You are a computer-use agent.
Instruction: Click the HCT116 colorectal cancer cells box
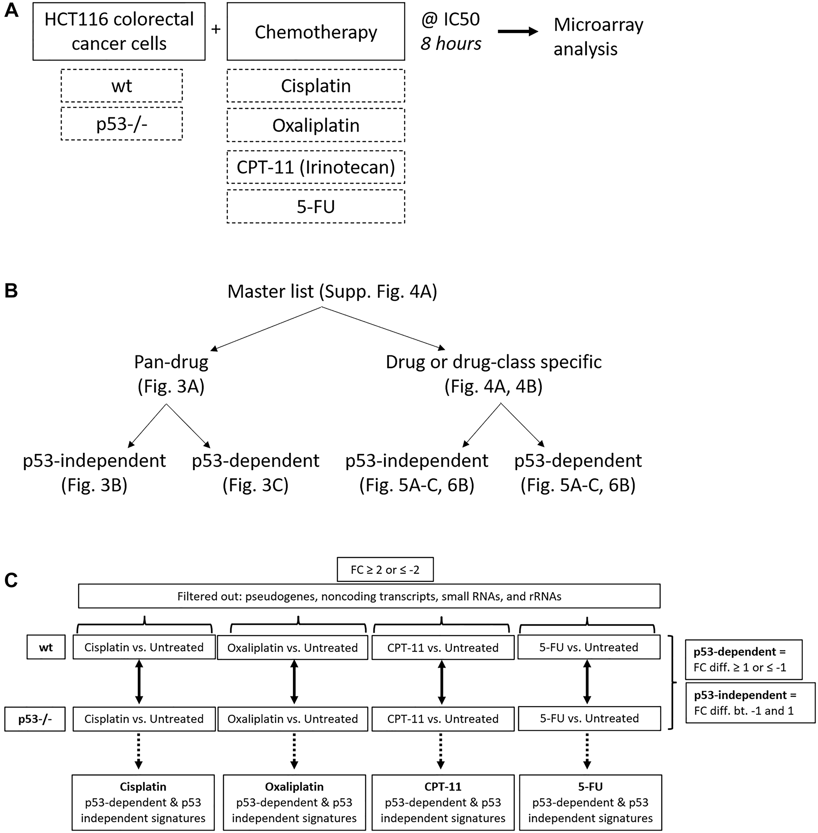click(119, 31)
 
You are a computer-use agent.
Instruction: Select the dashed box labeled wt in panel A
click(121, 85)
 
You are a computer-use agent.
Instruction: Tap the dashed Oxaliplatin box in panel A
click(316, 125)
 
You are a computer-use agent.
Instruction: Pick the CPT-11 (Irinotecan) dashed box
click(316, 167)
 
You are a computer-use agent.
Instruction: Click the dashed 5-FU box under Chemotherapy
click(316, 207)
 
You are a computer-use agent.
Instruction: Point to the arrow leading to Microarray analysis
click(518, 31)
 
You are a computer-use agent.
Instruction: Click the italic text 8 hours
click(451, 43)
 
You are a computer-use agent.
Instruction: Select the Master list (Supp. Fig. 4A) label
click(332, 291)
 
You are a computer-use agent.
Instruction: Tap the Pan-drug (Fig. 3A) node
click(171, 374)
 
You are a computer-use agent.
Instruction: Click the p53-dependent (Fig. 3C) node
click(255, 472)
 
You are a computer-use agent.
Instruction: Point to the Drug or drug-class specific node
click(494, 374)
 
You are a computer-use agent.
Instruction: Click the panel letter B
click(11, 291)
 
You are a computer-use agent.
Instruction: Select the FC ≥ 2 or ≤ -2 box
click(385, 570)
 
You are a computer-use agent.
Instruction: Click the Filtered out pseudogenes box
click(369, 596)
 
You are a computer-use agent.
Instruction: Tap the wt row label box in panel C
click(46, 647)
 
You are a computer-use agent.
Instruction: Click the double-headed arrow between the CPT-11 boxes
click(442, 682)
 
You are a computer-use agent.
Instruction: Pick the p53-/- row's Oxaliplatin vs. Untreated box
click(292, 719)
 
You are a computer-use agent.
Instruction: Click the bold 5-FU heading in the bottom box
click(590, 787)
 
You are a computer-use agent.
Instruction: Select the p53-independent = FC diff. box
click(750, 703)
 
